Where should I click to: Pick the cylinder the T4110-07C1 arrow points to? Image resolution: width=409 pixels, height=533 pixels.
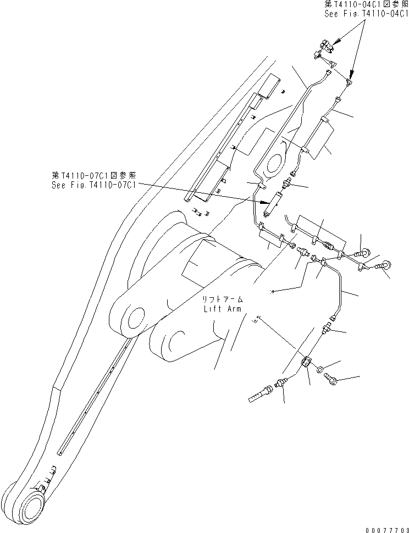[x=273, y=202]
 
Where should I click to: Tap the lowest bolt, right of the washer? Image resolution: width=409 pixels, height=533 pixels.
[x=331, y=379]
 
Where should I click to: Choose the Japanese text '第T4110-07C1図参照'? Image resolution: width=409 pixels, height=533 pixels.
[x=94, y=175]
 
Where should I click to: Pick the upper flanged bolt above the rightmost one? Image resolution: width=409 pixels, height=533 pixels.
[x=364, y=252]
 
